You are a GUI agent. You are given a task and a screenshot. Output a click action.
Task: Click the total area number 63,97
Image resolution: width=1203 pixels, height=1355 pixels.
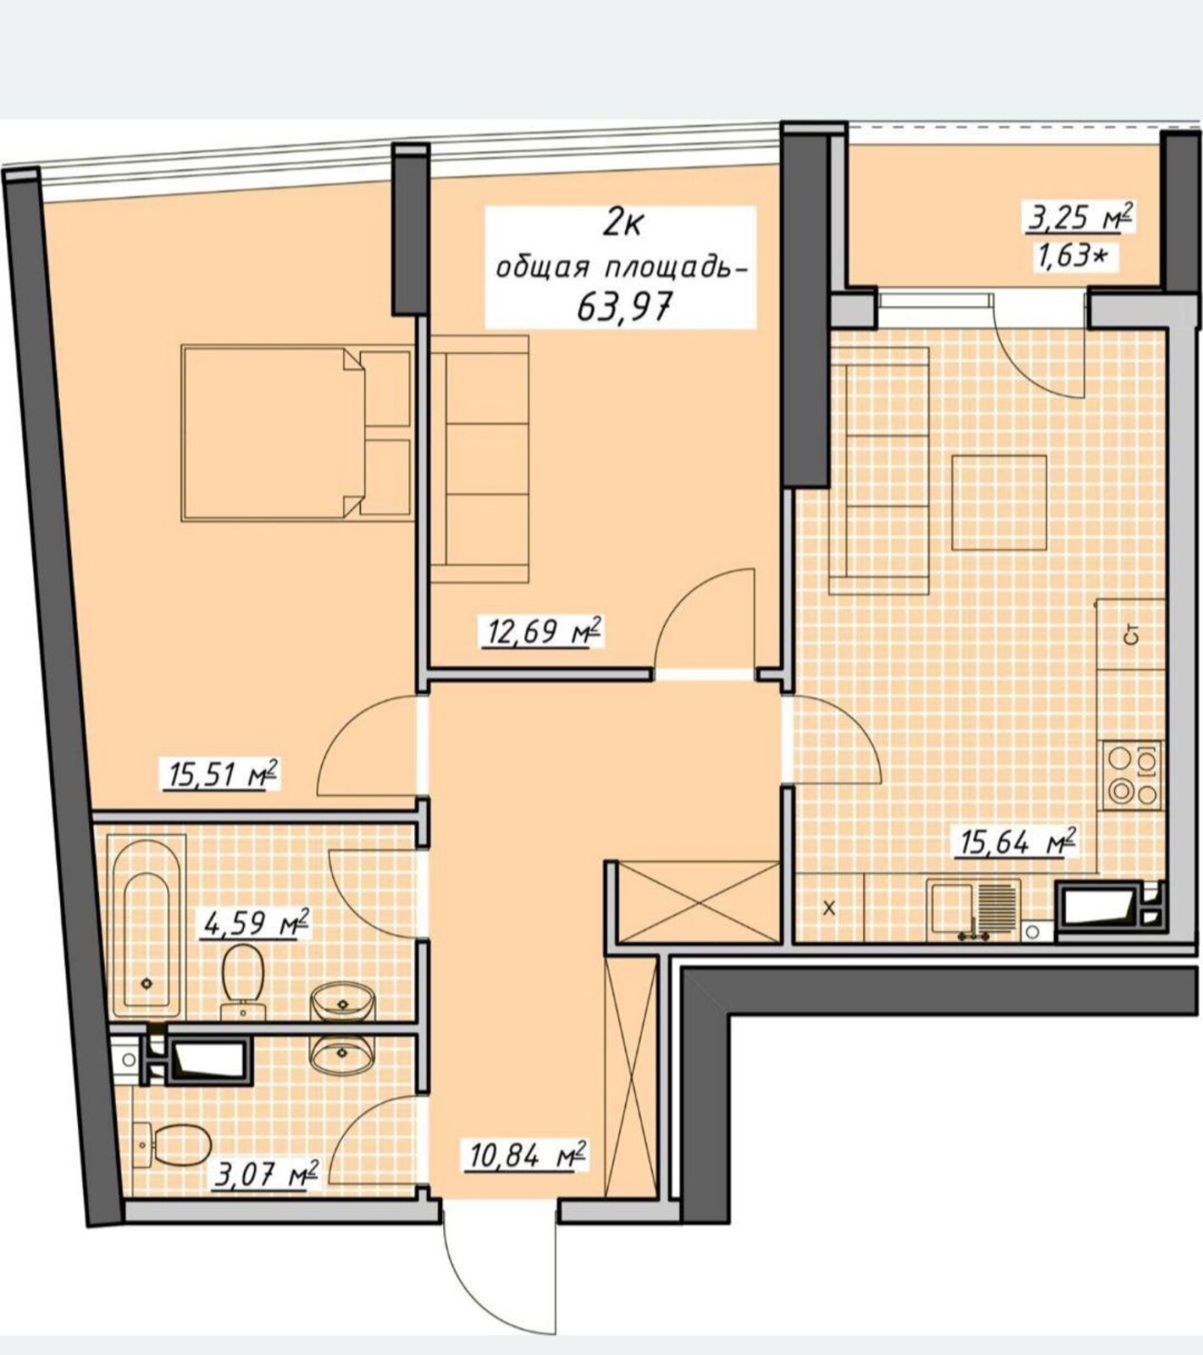pos(624,307)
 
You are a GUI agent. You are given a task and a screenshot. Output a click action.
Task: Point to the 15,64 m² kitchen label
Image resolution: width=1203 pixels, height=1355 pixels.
pos(1017,843)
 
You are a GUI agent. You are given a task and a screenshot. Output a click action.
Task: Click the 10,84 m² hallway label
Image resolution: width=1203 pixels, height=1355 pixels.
pos(525,1155)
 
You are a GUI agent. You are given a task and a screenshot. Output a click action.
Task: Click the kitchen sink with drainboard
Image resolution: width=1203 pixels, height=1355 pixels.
pos(973,909)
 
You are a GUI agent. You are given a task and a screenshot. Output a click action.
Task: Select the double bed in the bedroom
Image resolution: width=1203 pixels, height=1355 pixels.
pos(297,432)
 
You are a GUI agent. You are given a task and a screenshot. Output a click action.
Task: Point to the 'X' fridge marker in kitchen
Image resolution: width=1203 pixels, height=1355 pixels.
pos(829,909)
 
